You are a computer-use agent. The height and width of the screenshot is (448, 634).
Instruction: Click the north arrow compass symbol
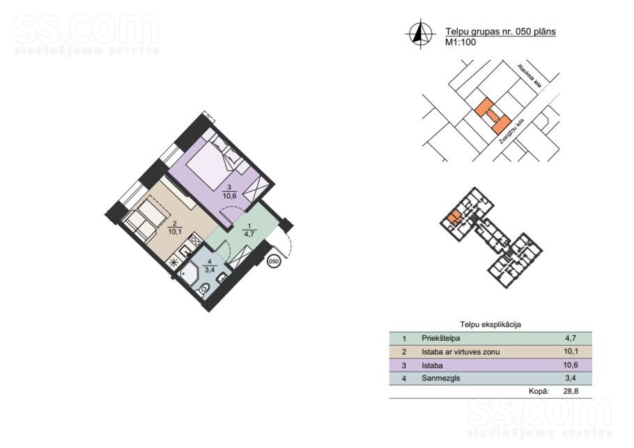click(421, 34)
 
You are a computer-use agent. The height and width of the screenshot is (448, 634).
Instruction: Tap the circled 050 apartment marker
click(274, 262)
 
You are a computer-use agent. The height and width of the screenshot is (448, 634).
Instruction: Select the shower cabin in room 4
click(188, 274)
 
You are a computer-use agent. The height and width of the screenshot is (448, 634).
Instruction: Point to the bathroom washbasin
click(222, 278)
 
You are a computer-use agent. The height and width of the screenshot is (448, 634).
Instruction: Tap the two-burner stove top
click(195, 241)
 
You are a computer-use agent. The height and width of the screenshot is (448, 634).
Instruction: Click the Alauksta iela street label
click(529, 75)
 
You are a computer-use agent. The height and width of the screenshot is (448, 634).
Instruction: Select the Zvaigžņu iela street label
click(511, 131)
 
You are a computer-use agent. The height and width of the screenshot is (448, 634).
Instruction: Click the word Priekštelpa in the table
click(441, 338)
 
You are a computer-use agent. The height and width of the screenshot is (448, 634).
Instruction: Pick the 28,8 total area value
click(571, 391)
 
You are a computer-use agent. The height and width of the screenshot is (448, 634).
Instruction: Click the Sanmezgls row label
click(441, 378)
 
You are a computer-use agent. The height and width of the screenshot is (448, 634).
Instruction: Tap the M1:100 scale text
click(461, 42)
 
